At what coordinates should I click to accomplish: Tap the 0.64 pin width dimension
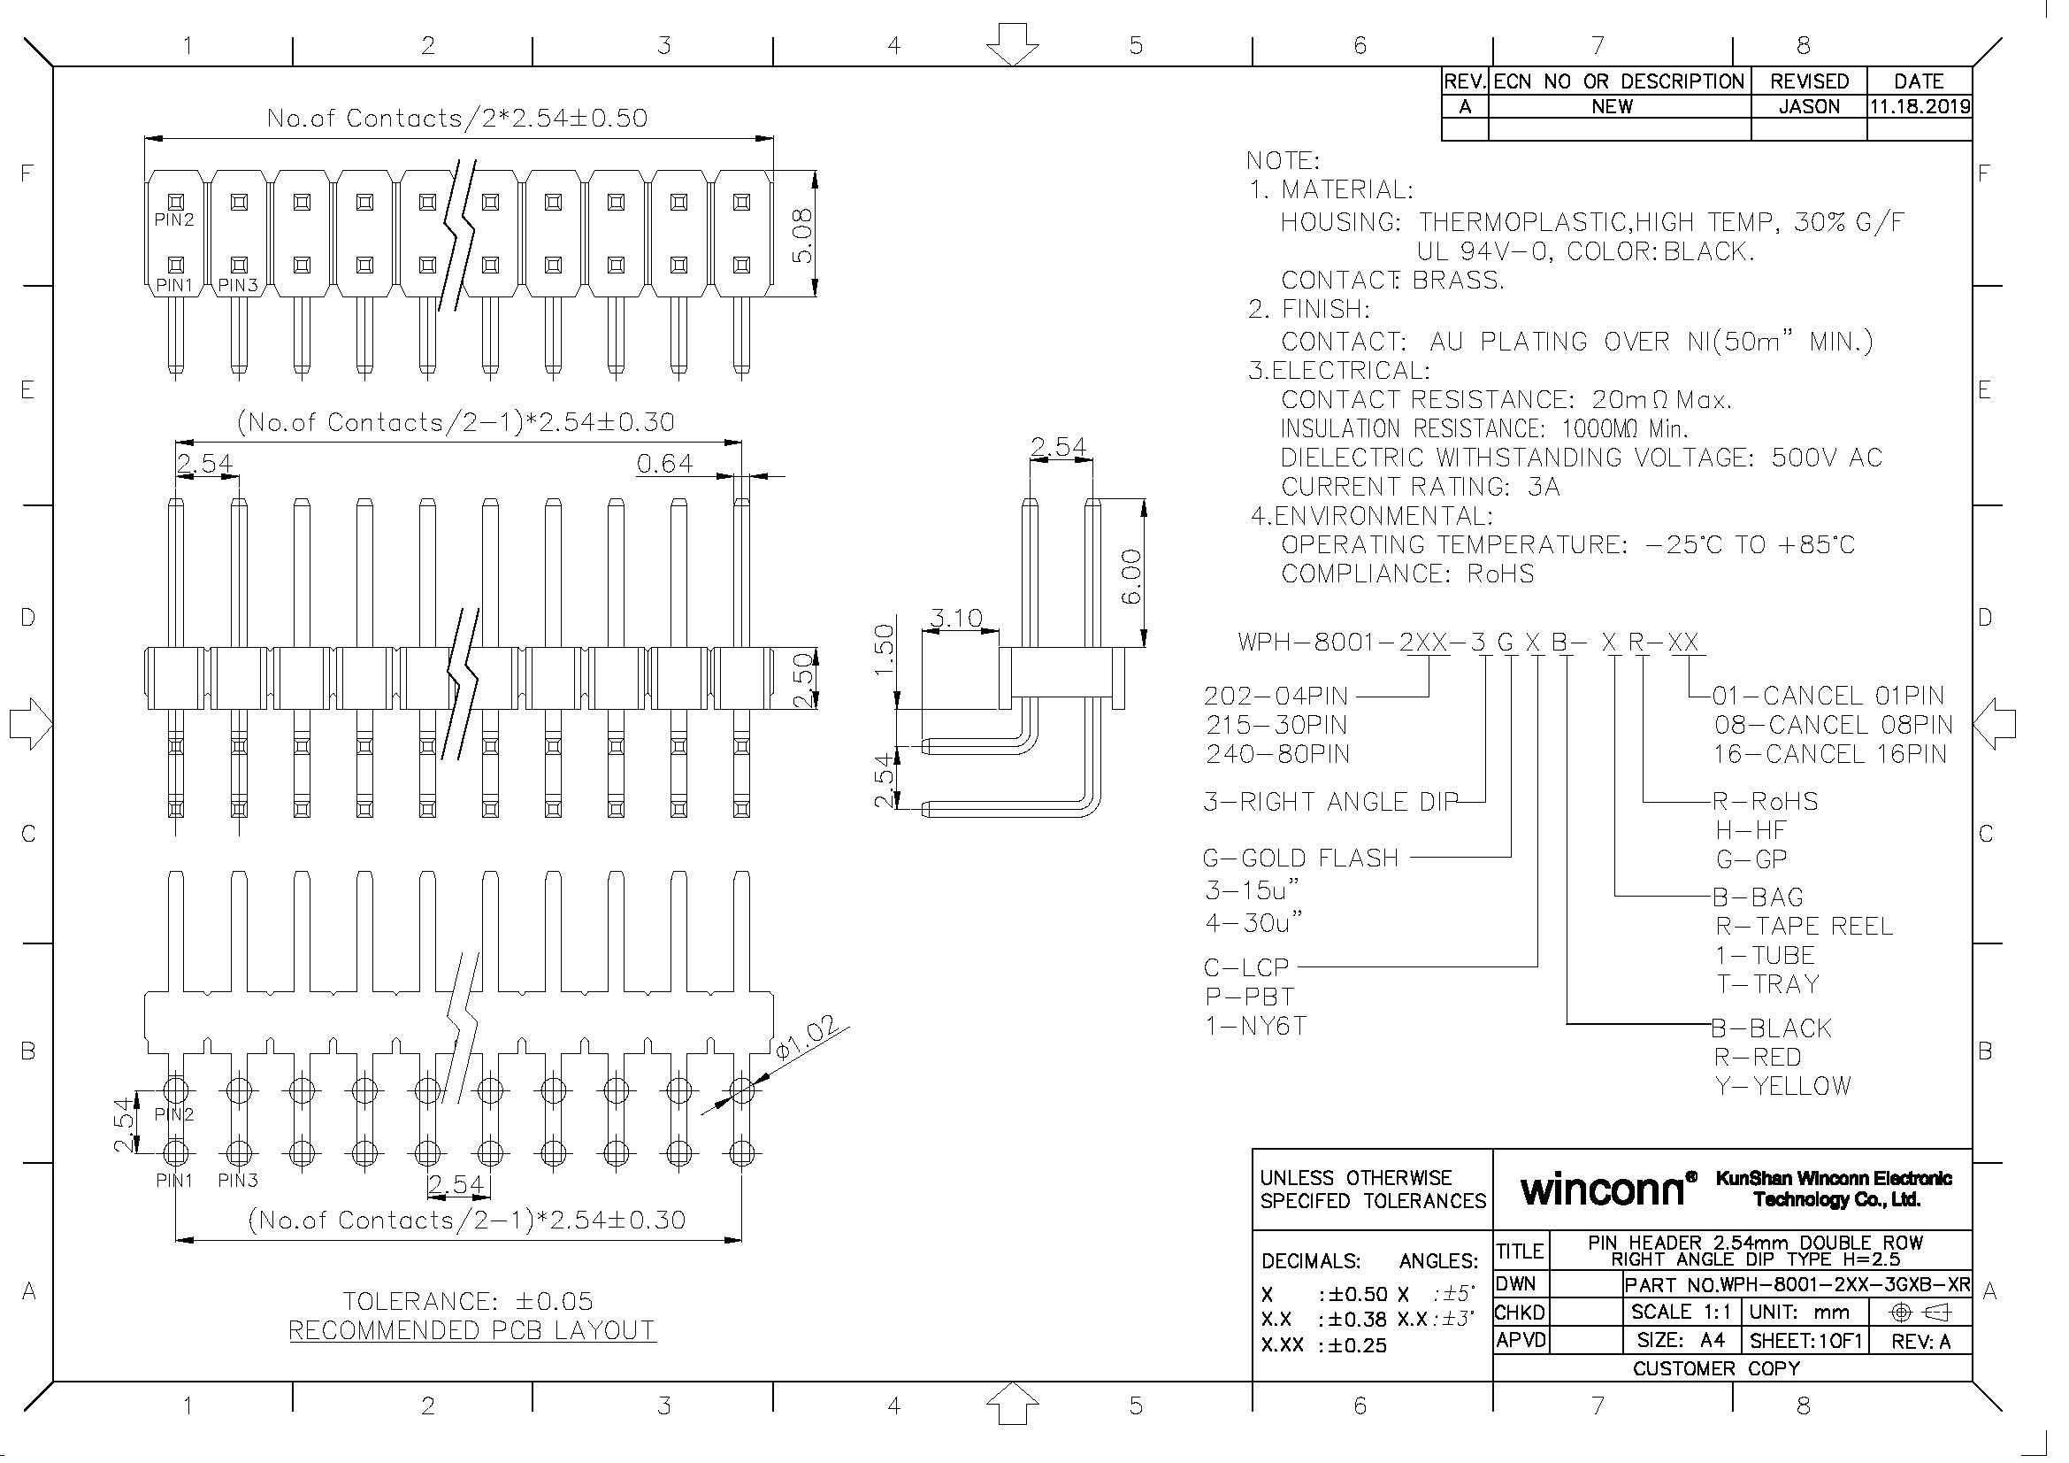(665, 464)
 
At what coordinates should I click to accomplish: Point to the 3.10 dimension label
(956, 619)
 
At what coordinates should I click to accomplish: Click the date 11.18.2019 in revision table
(1920, 106)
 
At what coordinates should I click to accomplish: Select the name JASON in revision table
(1809, 106)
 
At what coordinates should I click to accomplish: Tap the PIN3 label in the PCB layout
(238, 1180)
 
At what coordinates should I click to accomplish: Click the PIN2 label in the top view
(174, 219)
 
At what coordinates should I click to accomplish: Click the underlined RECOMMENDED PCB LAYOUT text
(472, 1329)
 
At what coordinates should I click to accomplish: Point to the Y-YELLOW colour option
(1782, 1086)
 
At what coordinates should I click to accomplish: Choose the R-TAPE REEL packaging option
(1803, 926)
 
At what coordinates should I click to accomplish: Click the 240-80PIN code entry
(1278, 753)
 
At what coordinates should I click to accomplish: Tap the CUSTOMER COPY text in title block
(1716, 1368)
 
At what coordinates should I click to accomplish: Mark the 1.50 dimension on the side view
(885, 649)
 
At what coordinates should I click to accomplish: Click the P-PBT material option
(1250, 997)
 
